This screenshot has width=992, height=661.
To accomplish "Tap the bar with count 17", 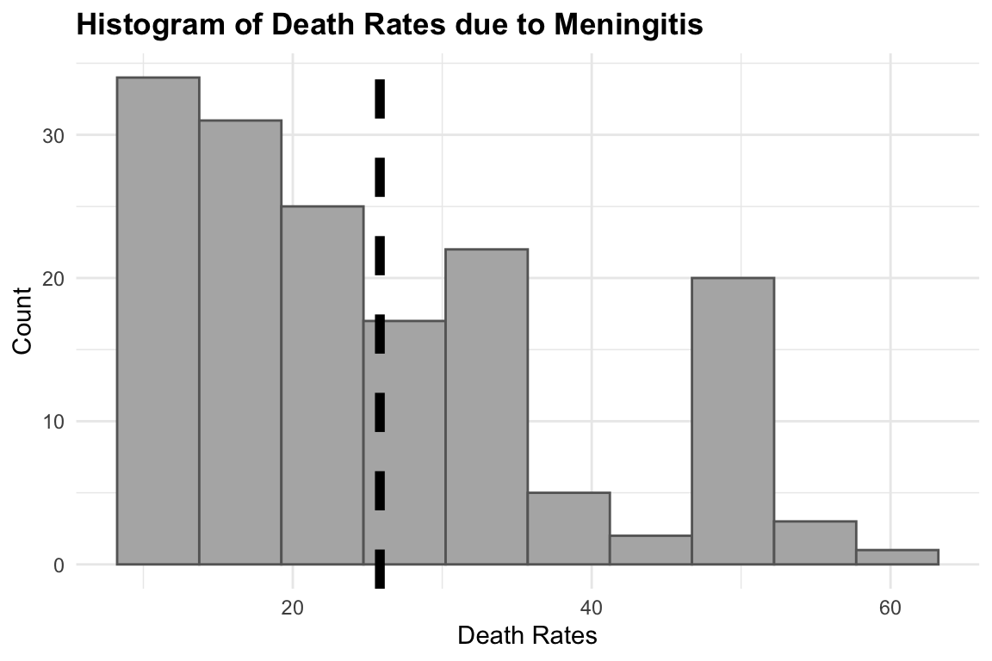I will pyautogui.click(x=405, y=442).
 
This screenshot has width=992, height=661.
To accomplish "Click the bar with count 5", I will pyautogui.click(x=568, y=528).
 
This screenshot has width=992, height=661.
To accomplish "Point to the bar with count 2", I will pyautogui.click(x=651, y=550).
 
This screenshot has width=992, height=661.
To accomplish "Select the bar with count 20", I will pyautogui.click(x=733, y=421).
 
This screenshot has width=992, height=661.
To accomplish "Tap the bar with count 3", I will pyautogui.click(x=815, y=543).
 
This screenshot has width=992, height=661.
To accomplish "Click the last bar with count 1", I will pyautogui.click(x=897, y=557).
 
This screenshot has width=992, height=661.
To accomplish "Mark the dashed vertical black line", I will pyautogui.click(x=380, y=258).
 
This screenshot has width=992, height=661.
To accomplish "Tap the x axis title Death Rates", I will pyautogui.click(x=527, y=637).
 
